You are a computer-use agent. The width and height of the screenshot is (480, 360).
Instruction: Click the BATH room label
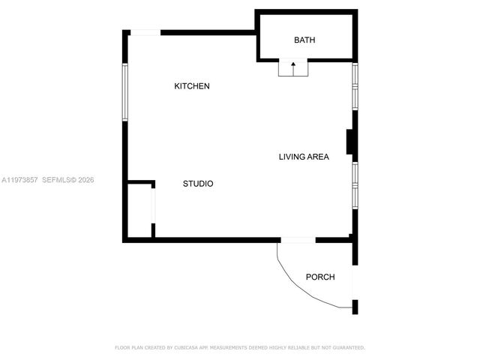[304, 40]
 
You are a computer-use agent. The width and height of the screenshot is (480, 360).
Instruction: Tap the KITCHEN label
[192, 86]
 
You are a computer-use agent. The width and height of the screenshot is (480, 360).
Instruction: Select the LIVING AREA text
[304, 157]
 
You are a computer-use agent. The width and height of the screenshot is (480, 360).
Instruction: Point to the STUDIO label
[198, 184]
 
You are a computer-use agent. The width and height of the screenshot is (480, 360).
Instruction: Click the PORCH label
[320, 277]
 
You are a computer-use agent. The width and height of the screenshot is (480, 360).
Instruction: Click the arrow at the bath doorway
[293, 67]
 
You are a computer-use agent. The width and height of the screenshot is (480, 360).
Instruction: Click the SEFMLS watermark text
[57, 180]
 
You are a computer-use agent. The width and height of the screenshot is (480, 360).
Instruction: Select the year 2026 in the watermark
[85, 180]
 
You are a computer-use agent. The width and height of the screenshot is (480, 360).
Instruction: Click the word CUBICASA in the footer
[184, 347]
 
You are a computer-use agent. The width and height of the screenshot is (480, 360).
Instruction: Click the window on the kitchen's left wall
[126, 91]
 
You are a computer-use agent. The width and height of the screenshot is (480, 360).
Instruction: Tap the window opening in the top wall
[146, 32]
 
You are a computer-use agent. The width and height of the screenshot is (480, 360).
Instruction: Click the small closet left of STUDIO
[140, 211]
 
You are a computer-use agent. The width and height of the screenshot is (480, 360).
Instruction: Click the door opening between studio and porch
[298, 240]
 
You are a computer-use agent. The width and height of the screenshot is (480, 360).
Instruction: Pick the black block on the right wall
[350, 142]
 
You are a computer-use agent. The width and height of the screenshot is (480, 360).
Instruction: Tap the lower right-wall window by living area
[355, 183]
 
